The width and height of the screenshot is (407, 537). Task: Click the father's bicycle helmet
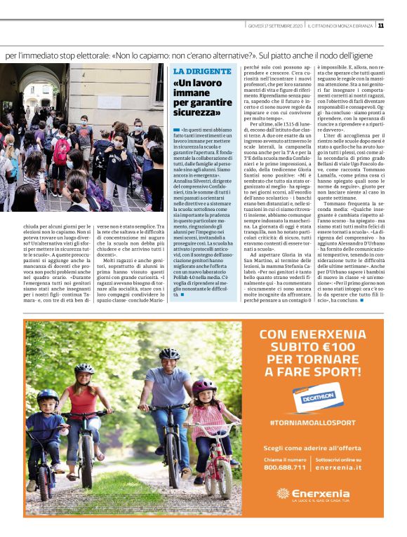(169, 353)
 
